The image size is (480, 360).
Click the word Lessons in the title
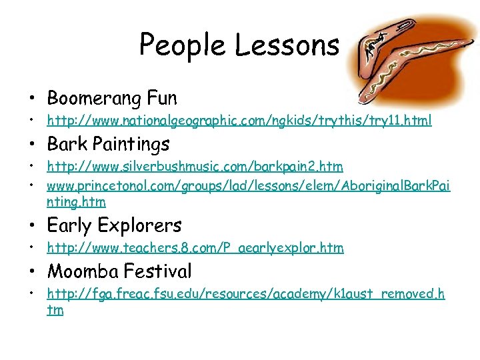[x=287, y=45]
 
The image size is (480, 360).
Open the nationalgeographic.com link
[x=239, y=121]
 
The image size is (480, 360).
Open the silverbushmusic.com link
[x=195, y=165]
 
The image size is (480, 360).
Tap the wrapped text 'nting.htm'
[x=76, y=201]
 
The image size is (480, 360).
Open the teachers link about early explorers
[x=195, y=248]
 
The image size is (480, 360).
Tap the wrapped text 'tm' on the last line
[x=55, y=310]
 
